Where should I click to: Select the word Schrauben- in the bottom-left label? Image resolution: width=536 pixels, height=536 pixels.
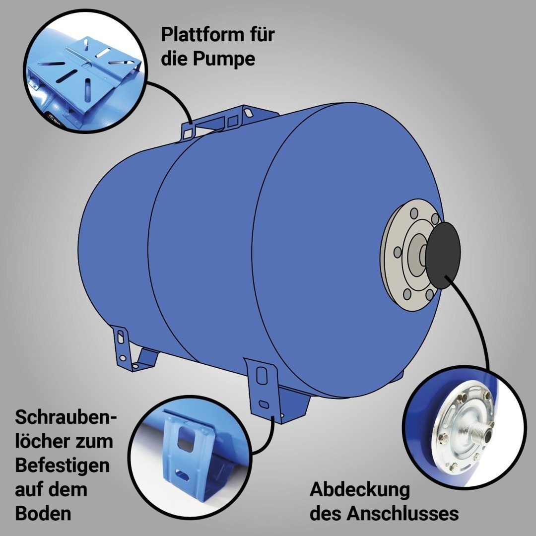click(66, 417)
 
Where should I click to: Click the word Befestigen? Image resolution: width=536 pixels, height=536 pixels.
click(62, 466)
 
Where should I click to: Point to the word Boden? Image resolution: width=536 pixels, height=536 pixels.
click(43, 514)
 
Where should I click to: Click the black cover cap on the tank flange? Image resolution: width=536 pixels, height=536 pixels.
click(443, 254)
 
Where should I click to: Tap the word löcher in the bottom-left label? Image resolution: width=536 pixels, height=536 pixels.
click(42, 441)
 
